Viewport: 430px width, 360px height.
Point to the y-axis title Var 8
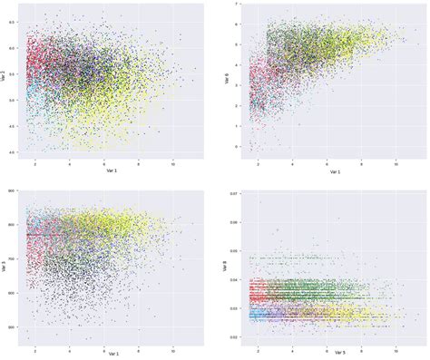click(x=227, y=267)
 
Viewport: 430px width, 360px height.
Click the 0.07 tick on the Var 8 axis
click(x=234, y=195)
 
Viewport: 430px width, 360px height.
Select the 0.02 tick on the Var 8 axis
click(x=234, y=337)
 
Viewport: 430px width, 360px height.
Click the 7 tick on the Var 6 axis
click(x=237, y=5)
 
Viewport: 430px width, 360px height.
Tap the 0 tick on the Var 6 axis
click(x=237, y=146)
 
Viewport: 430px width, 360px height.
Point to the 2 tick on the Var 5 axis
click(x=258, y=345)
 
